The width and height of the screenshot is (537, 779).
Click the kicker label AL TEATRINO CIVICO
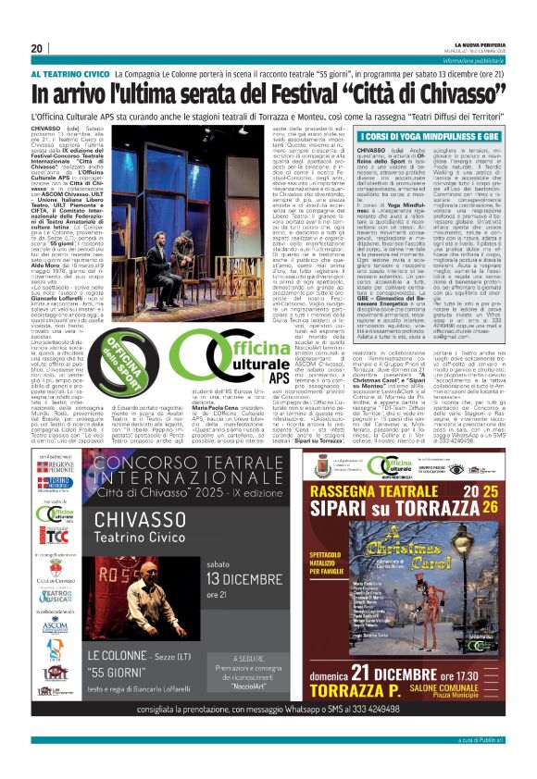pyautogui.click(x=71, y=72)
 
